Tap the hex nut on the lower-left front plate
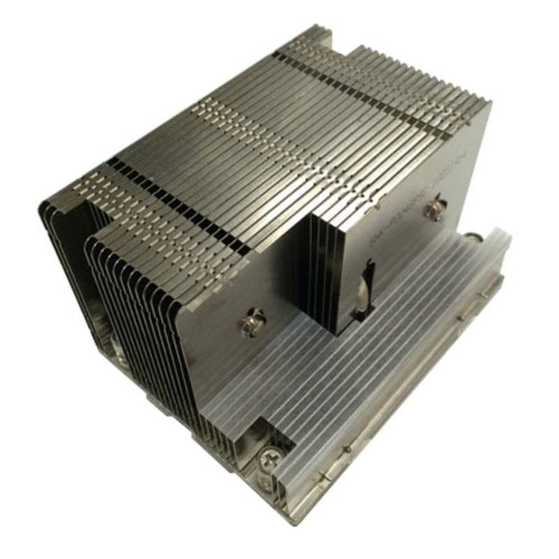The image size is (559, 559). point(252,322)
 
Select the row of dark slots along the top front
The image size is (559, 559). point(175,203)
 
